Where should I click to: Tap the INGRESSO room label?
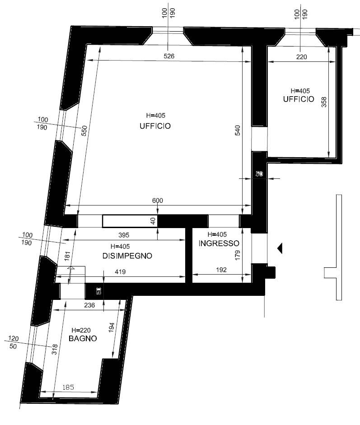point(219,243)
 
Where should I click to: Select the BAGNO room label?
point(82,338)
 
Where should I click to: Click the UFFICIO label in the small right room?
point(299,99)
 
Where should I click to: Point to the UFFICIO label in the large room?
point(155,126)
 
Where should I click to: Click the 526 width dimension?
point(168,56)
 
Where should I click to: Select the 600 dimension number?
point(158,201)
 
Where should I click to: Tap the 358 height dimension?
point(324,103)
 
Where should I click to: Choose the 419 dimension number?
point(119,272)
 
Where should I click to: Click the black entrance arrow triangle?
point(280,248)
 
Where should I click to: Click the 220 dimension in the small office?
point(301,57)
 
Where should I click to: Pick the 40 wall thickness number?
point(153,221)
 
